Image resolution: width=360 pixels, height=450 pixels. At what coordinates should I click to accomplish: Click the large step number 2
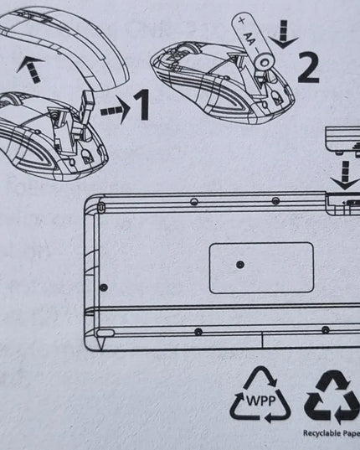pos(308,67)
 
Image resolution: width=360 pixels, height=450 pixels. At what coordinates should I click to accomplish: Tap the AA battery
pos(254,43)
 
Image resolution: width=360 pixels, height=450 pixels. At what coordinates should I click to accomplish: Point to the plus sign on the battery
pos(242,20)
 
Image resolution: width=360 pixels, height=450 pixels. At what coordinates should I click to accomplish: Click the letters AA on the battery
pos(249,39)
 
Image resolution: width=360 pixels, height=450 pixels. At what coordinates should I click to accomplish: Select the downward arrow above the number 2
pos(284,34)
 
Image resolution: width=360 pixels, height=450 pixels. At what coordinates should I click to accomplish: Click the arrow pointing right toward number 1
pos(116,110)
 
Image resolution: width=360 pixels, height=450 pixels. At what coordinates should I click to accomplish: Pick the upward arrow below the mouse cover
pos(31,69)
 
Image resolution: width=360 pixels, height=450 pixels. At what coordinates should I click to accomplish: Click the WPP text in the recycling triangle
pos(261,401)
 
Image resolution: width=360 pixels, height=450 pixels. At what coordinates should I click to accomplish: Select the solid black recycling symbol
pos(332,396)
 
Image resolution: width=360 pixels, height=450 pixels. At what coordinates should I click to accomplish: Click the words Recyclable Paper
pos(332,432)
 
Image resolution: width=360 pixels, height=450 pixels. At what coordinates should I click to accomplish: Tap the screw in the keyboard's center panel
pos(240,265)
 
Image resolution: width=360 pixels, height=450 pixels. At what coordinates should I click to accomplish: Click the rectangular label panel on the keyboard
pos(261,268)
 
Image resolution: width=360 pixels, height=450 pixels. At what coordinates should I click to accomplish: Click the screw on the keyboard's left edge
pos(104,287)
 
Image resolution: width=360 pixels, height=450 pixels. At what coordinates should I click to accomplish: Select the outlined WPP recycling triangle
pos(260,395)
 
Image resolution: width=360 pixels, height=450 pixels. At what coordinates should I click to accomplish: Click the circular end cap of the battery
pos(265,62)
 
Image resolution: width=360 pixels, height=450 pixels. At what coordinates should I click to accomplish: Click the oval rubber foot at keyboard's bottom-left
pos(105,333)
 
